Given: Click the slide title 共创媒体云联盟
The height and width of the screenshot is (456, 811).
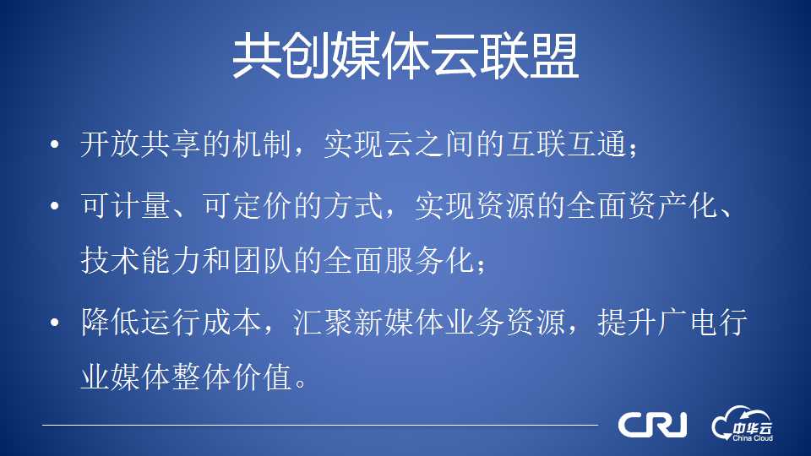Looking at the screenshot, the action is pyautogui.click(x=405, y=56).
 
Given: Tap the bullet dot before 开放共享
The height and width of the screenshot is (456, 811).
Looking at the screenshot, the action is pyautogui.click(x=55, y=144).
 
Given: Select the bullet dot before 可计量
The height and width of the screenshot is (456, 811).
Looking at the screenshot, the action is pyautogui.click(x=55, y=206).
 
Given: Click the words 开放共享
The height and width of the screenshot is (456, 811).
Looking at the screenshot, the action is pyautogui.click(x=141, y=144).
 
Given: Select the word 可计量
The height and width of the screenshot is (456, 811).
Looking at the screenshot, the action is pyautogui.click(x=126, y=206).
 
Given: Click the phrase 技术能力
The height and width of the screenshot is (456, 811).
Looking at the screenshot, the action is pyautogui.click(x=141, y=260).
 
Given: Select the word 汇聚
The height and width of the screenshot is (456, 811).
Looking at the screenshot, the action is pyautogui.click(x=323, y=323).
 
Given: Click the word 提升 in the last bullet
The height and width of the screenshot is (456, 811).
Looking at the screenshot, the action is pyautogui.click(x=628, y=323).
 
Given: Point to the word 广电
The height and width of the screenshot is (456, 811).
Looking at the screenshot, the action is pyautogui.click(x=688, y=323).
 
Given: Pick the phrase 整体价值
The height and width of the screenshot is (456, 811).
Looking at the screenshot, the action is pyautogui.click(x=231, y=377).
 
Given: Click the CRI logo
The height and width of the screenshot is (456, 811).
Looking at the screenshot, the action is pyautogui.click(x=653, y=425).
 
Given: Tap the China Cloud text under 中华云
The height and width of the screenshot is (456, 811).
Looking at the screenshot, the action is pyautogui.click(x=753, y=438).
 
